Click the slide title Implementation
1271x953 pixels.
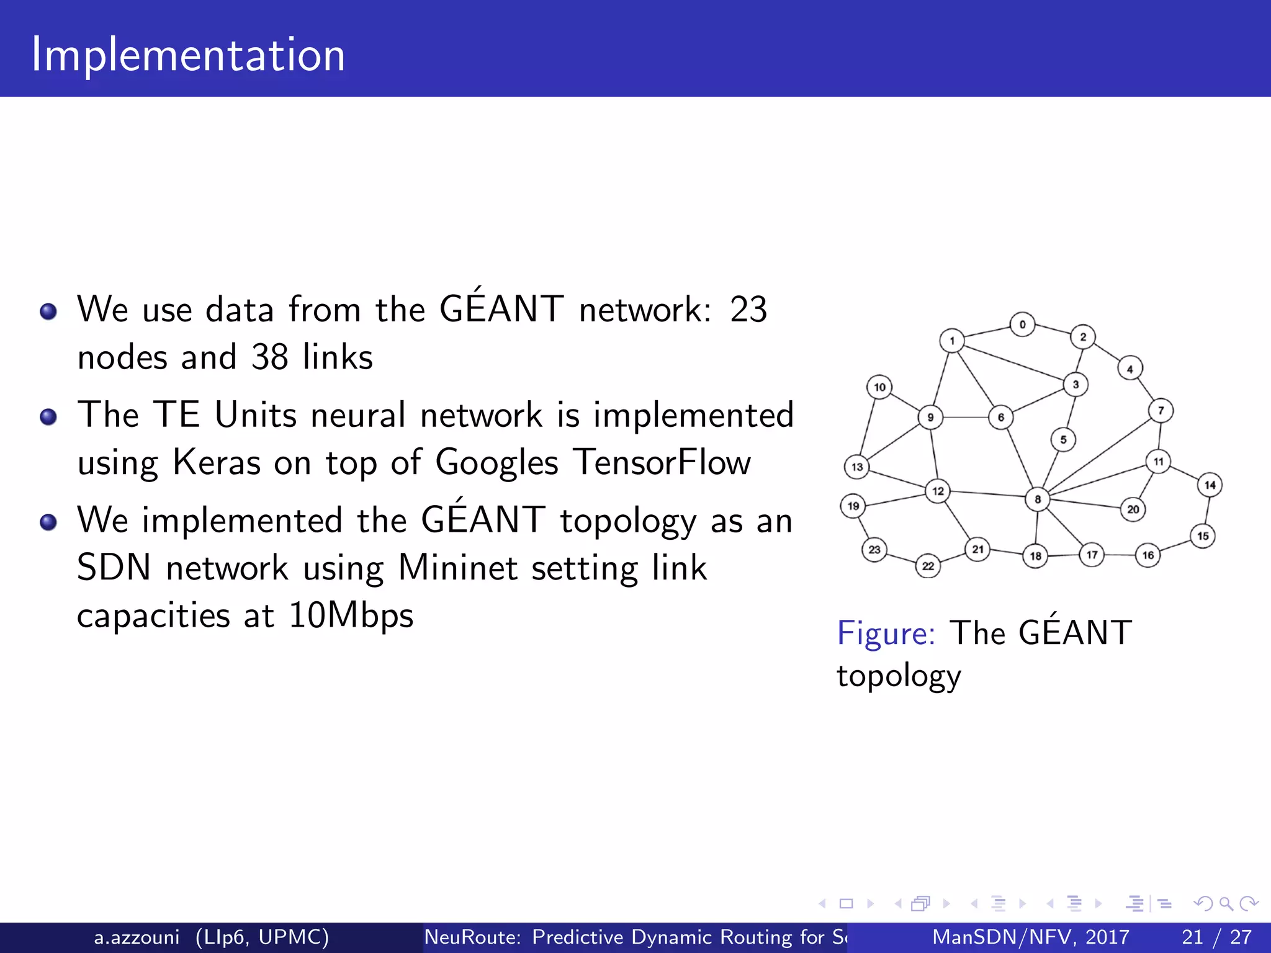tap(188, 55)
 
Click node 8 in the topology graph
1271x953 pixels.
tap(1037, 499)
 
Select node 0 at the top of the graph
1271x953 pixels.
tap(1022, 324)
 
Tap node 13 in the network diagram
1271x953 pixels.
tap(857, 467)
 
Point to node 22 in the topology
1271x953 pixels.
tap(928, 566)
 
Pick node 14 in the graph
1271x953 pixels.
tap(1210, 485)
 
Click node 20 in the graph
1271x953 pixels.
tap(1133, 509)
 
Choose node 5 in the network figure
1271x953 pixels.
tap(1063, 440)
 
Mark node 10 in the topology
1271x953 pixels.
tap(879, 387)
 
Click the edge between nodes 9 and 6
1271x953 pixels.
tap(966, 417)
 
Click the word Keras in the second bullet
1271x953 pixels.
tap(217, 462)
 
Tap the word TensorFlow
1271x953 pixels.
tap(662, 462)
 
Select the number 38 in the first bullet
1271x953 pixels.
tap(269, 357)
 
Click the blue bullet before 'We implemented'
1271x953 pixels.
tap(48, 522)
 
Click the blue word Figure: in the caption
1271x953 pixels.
tap(886, 633)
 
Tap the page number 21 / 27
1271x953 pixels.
tap(1216, 937)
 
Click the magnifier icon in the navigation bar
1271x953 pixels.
tap(1226, 904)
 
